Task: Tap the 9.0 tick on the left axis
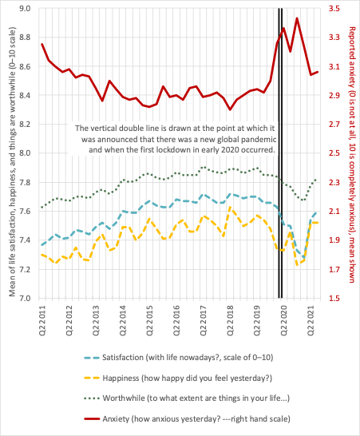(25, 8)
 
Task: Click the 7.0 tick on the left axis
(25, 298)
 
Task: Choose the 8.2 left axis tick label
(25, 125)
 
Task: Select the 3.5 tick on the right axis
(334, 8)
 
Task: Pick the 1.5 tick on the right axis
(334, 298)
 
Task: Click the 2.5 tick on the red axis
(334, 153)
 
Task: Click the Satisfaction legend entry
(179, 357)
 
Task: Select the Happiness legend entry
(178, 379)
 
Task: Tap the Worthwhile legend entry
(187, 398)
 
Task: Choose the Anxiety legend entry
(187, 418)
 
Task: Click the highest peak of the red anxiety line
(297, 18)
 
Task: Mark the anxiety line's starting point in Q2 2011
(42, 44)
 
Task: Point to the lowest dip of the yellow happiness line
(297, 265)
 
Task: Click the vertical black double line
(280, 153)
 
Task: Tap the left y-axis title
(12, 161)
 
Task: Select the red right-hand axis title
(352, 155)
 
